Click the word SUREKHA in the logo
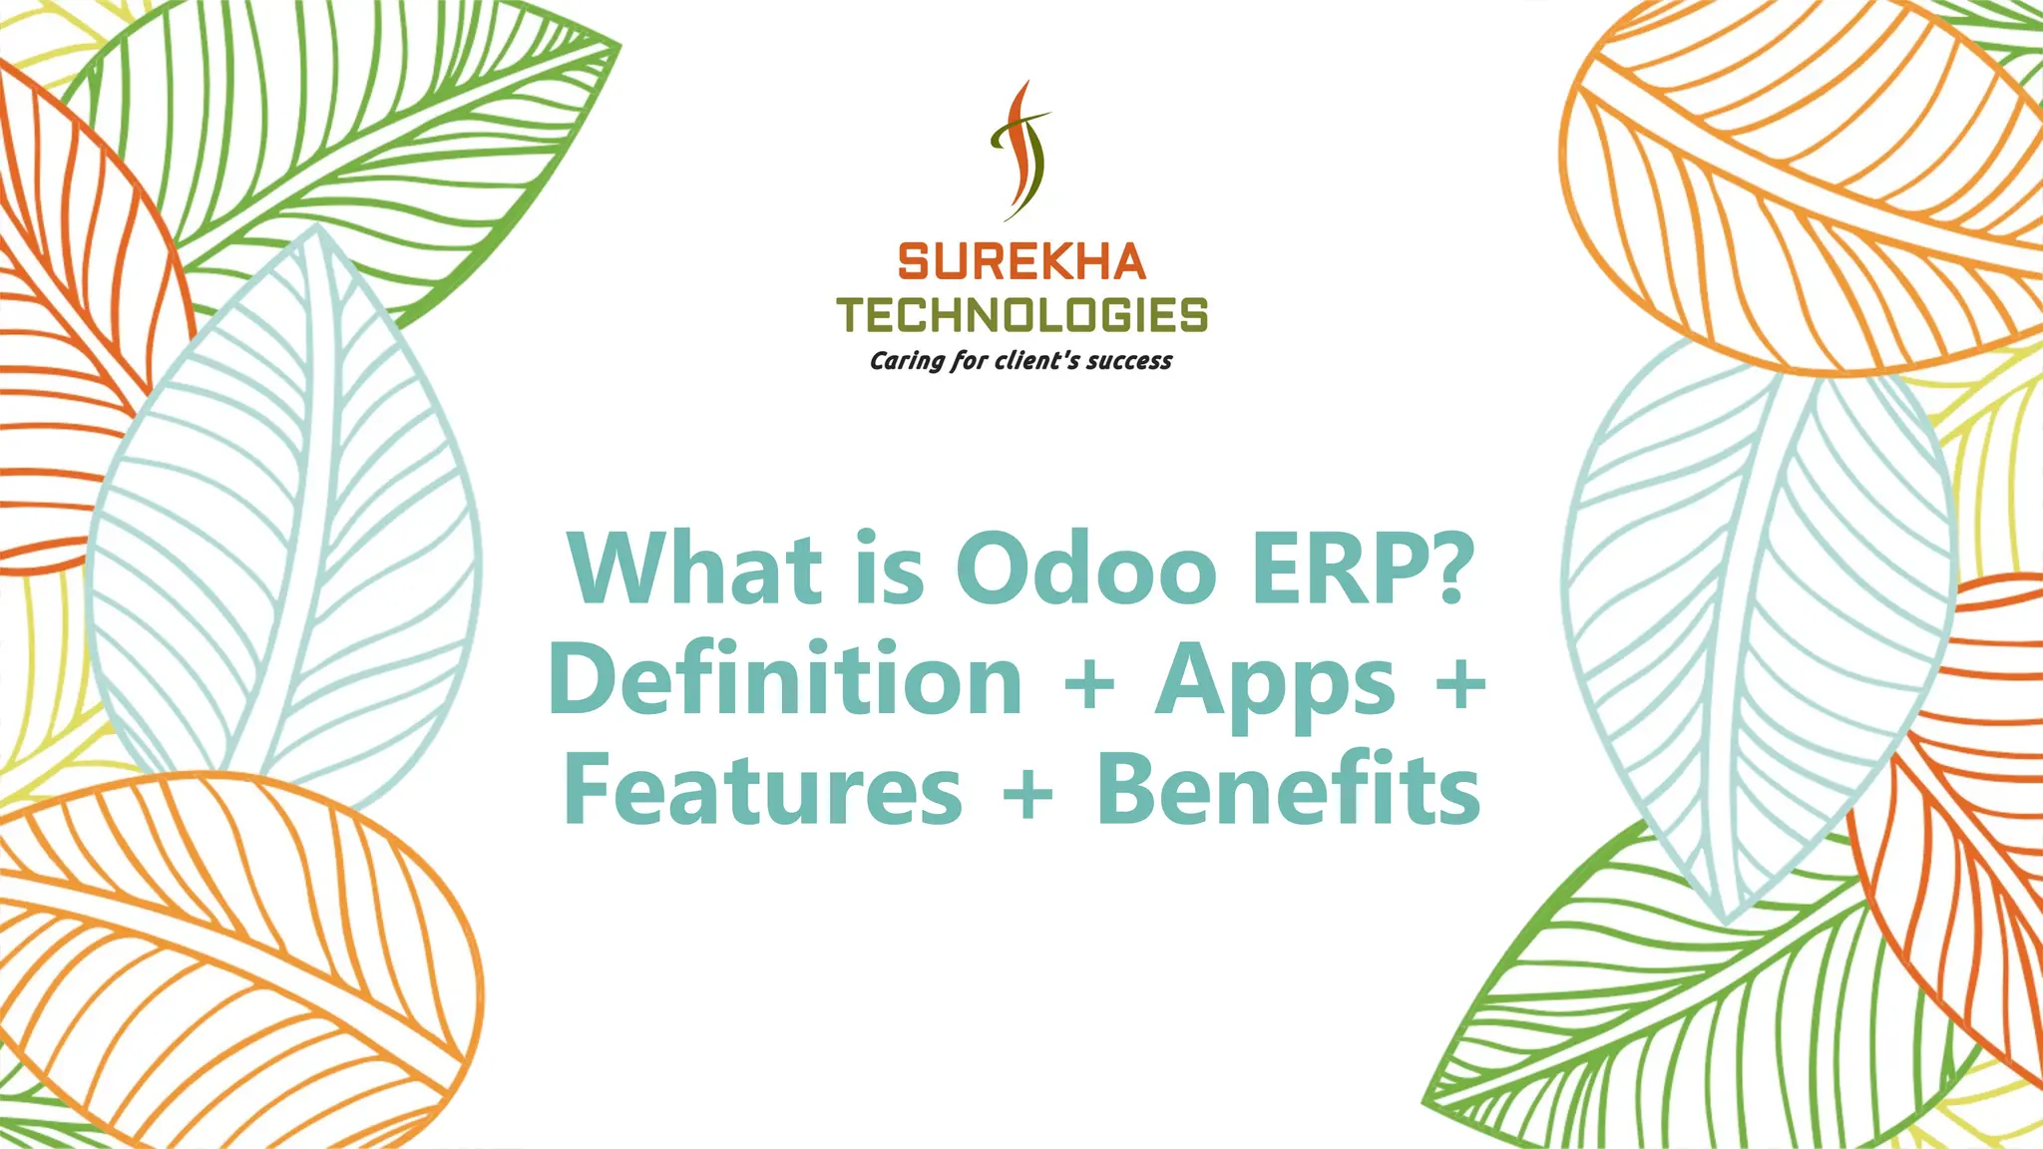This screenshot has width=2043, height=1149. point(1021,262)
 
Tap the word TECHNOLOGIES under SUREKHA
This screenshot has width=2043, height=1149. point(1021,315)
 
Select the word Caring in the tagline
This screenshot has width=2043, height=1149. point(906,361)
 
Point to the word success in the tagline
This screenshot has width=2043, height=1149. point(1128,361)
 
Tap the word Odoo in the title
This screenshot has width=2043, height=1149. point(1086,569)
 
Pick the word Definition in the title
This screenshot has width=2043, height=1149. point(786,680)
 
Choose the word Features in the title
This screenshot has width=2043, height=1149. point(763,790)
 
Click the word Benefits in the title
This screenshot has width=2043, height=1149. point(1288,790)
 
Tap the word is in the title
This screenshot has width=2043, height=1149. point(888,569)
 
